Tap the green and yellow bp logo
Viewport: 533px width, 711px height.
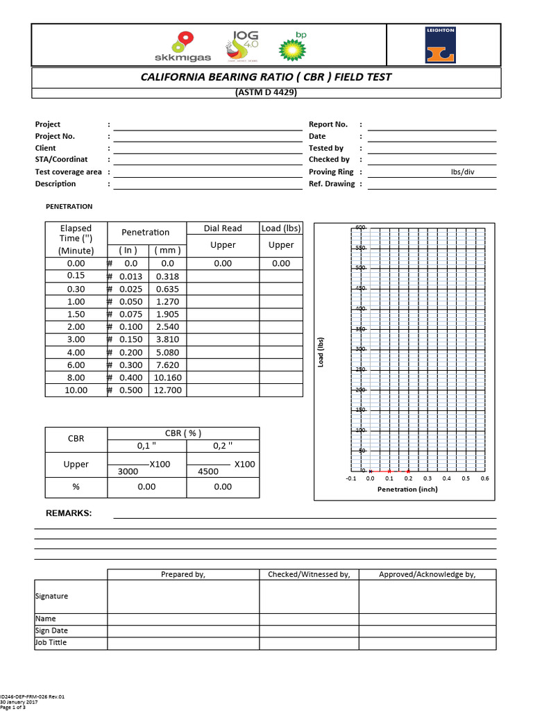click(292, 47)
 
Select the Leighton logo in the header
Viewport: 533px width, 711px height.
click(441, 45)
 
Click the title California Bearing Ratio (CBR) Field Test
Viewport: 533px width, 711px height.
click(266, 77)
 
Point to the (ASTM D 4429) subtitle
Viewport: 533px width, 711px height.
click(266, 93)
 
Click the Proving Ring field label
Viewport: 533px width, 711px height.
click(331, 172)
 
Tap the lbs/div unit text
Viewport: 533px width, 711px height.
click(463, 172)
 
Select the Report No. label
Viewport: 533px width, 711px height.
click(328, 124)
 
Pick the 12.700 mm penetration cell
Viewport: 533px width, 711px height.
click(168, 390)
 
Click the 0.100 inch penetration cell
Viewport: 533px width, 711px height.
click(130, 326)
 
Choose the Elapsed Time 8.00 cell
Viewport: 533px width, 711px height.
click(76, 378)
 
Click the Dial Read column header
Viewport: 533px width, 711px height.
click(223, 228)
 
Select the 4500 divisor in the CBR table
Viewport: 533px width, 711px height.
click(209, 471)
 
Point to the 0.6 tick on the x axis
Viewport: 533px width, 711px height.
click(484, 478)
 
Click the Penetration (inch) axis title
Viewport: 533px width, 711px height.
click(407, 490)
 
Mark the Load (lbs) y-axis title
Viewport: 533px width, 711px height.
click(322, 353)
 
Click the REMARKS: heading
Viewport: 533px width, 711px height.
click(69, 514)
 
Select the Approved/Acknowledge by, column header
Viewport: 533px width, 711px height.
click(427, 574)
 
